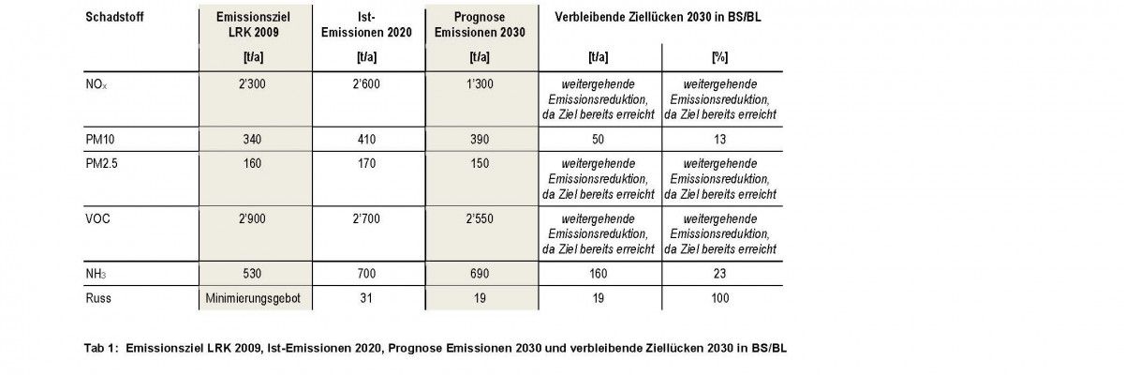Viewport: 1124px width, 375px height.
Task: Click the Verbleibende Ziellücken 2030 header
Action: click(x=661, y=17)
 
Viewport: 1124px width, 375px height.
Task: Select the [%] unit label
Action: click(x=720, y=56)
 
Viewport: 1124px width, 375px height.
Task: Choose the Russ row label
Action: click(x=98, y=299)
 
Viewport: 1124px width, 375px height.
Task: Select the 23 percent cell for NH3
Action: click(x=720, y=273)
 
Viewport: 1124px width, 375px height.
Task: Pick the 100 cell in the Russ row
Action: click(x=720, y=299)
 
